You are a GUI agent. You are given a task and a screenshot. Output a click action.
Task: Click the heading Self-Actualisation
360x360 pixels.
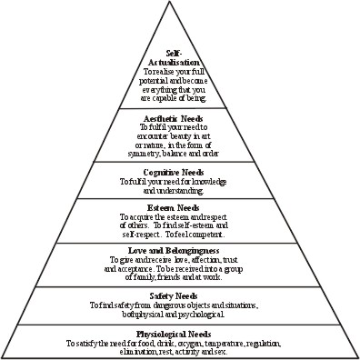tap(180, 57)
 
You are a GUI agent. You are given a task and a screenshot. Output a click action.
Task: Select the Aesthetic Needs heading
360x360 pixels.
tap(180, 118)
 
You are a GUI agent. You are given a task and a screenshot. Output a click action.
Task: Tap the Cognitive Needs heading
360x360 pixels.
tap(180, 171)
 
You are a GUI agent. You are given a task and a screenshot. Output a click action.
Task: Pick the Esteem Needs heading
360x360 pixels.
tap(180, 209)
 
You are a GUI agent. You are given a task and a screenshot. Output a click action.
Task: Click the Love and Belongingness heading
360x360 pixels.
tap(180, 249)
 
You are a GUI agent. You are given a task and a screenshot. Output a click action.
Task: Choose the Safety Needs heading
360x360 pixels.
tap(180, 296)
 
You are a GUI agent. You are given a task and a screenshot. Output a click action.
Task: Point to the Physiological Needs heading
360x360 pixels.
tap(180, 335)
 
